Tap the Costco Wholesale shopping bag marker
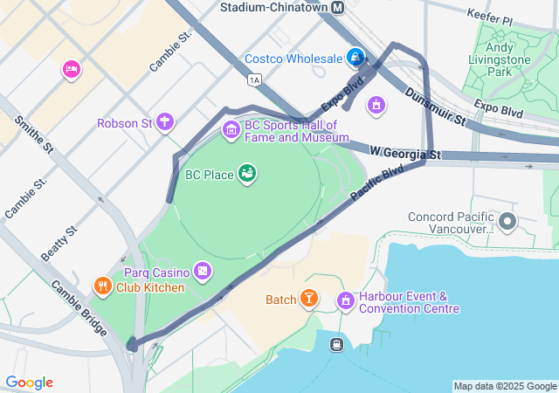coord(355,59)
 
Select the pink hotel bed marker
coord(71,68)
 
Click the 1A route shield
coord(254,80)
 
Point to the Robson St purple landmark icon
coord(165,123)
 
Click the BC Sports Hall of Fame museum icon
coord(231,131)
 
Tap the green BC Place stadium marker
coord(248,174)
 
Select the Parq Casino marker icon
coord(203,272)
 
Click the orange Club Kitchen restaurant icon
coord(102,286)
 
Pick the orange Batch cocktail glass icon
coord(308,300)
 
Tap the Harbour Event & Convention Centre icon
coord(346,301)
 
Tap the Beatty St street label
coord(59,243)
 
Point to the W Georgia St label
coord(405,154)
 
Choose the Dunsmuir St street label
coord(434,107)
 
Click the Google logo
coord(30,383)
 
